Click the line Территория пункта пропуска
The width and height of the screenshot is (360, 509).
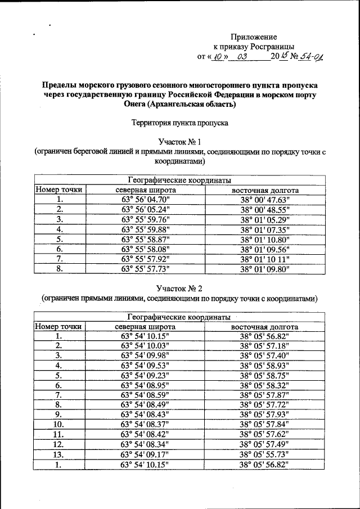[x=179, y=122]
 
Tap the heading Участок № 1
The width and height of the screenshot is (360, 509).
[x=179, y=141]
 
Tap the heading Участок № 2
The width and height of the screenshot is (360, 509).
[x=179, y=289]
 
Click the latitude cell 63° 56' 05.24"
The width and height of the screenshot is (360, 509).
[x=146, y=209]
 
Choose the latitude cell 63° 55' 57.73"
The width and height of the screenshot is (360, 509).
[x=146, y=269]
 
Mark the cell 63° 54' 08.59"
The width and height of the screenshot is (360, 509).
[x=146, y=395]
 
